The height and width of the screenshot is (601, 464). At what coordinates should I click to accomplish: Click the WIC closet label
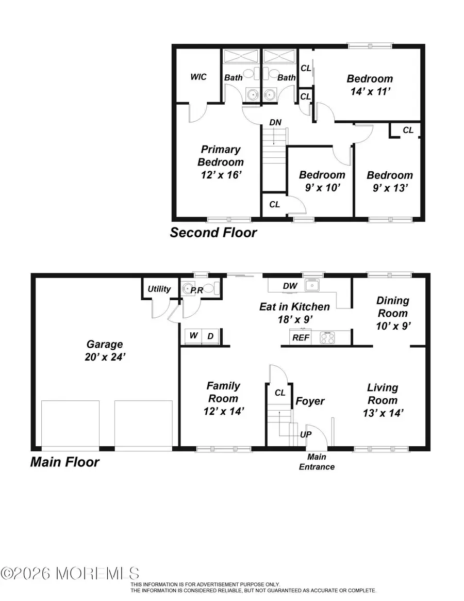coord(198,77)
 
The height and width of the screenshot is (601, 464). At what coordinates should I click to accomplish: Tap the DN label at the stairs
coord(275,123)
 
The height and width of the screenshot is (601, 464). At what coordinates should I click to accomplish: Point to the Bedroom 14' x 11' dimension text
coord(370,91)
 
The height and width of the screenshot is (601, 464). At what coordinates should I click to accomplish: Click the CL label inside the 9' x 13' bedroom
coord(408,130)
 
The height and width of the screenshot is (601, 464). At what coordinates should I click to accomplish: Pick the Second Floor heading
coord(213,233)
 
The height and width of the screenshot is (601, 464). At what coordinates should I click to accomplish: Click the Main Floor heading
coord(64,462)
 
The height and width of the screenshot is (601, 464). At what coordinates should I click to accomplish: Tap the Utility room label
coord(159,289)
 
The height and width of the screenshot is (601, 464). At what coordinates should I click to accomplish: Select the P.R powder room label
coord(196,290)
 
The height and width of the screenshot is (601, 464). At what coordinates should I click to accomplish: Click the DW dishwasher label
coord(290,286)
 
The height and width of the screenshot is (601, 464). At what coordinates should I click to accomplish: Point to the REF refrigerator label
coord(301,338)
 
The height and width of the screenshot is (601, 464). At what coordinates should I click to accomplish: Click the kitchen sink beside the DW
coord(312,285)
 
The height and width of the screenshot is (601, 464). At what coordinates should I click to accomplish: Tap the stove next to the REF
coord(326,337)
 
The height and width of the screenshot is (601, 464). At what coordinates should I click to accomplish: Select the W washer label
coord(193,336)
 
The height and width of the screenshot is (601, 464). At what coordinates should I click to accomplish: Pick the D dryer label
coord(211,336)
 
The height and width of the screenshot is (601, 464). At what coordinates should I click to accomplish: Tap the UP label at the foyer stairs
coord(306,434)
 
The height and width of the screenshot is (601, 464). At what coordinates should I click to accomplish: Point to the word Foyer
coord(310,401)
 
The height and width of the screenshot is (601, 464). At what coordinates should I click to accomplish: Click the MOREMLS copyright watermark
coord(70,573)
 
